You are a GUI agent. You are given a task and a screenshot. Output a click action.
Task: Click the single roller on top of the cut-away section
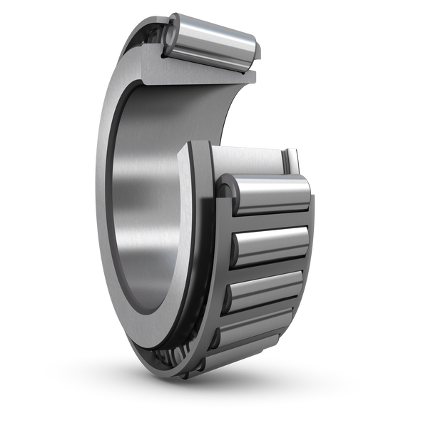[214, 43]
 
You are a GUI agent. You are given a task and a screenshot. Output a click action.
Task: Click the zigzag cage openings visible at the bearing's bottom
[168, 357]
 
